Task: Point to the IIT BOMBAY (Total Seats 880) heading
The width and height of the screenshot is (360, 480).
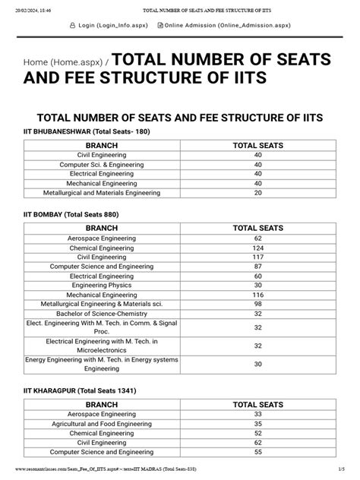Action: [x=71, y=214]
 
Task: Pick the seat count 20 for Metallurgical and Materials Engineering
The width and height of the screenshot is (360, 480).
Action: [x=257, y=193]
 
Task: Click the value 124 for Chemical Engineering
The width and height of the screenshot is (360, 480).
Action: [x=257, y=248]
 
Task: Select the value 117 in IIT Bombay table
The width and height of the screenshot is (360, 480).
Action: [x=257, y=257]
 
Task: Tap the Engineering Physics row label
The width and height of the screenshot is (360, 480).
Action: [x=101, y=285]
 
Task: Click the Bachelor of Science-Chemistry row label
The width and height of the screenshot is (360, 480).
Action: [x=101, y=313]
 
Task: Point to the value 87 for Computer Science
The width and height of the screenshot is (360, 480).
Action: [x=257, y=267]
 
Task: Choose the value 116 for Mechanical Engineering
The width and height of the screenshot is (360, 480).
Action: [x=257, y=294]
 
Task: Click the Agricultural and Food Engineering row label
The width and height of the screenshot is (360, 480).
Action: [x=101, y=423]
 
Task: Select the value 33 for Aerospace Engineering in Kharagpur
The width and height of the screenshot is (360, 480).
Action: [x=257, y=414]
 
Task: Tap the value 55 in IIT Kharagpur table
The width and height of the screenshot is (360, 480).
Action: [x=257, y=451]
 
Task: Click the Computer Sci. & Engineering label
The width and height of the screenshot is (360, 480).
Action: [x=101, y=164]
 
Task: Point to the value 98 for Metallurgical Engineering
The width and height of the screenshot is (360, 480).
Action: [x=257, y=304]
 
